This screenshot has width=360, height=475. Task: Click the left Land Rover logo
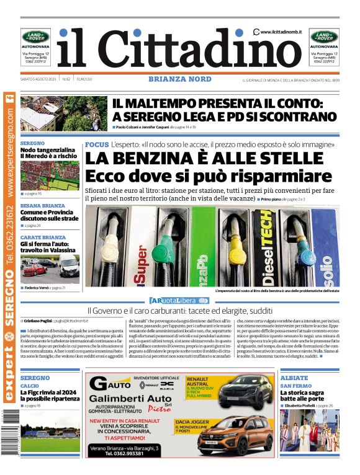pos(35,37)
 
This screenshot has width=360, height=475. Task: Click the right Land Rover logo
pos(324,37)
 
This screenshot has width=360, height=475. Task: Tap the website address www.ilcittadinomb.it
pos(281,32)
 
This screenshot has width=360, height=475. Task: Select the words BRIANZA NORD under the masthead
pos(180,79)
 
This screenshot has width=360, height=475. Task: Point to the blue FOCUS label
pos(96,144)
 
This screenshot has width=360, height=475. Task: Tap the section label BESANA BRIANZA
pos(43,205)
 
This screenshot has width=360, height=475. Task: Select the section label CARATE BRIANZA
pos(43,237)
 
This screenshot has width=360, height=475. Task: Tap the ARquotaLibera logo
pos(180,300)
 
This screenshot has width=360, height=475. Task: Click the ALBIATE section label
pos(294,378)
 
